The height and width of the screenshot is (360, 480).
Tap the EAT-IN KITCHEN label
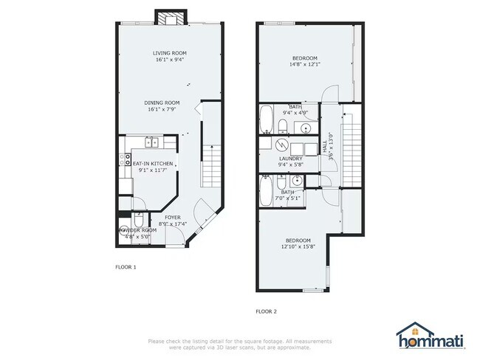pyautogui.click(x=153, y=162)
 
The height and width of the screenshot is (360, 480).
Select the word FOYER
pyautogui.click(x=173, y=218)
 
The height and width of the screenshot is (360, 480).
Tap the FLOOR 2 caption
pyautogui.click(x=266, y=312)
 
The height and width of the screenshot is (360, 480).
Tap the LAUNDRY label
pyautogui.click(x=290, y=159)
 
